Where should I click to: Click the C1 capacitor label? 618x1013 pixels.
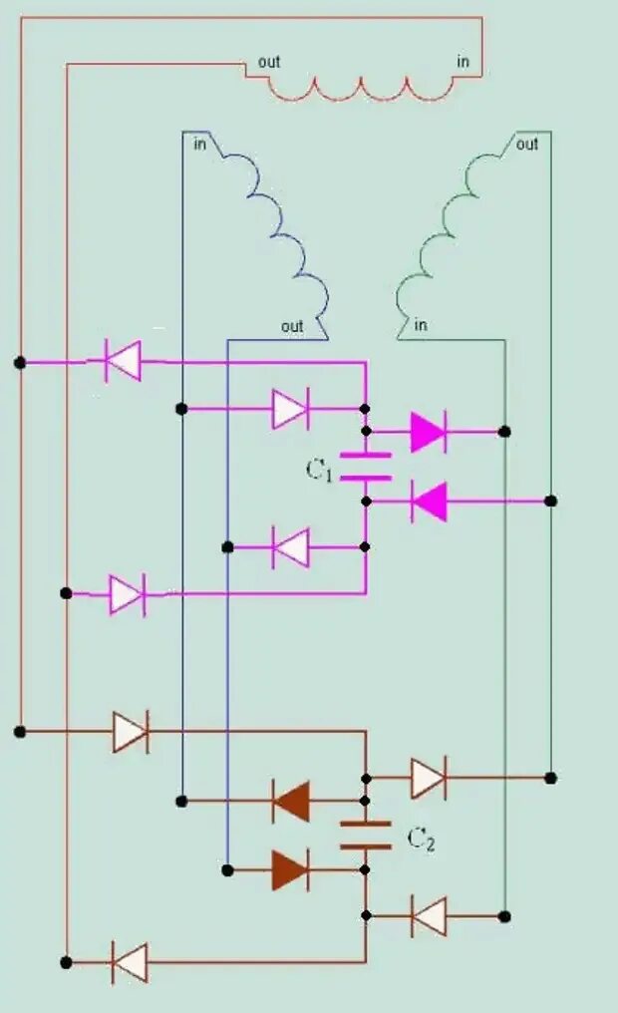click(319, 470)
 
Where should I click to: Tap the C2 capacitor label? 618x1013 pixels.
click(421, 840)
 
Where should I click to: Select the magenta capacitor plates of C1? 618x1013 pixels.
click(366, 467)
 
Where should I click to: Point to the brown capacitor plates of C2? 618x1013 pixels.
click(366, 836)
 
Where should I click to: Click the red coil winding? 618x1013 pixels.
click(361, 90)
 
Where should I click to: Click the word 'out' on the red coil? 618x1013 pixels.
click(269, 62)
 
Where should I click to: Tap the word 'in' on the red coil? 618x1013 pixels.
click(463, 62)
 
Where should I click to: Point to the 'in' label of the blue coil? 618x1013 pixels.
click(200, 146)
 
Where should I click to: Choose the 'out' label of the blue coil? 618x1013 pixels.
click(292, 326)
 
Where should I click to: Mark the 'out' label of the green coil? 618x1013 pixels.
click(527, 145)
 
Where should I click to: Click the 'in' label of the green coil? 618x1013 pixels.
click(421, 325)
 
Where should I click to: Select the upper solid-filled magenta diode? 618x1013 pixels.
click(429, 432)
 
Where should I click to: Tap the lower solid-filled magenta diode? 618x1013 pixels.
click(430, 501)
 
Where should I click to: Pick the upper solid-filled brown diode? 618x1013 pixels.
click(290, 801)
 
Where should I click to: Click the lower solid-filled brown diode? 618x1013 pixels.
click(290, 869)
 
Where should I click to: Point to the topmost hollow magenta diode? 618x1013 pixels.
click(123, 361)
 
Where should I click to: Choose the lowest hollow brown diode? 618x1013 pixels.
click(130, 962)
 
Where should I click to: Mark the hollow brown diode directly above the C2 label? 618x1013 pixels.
click(428, 777)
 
